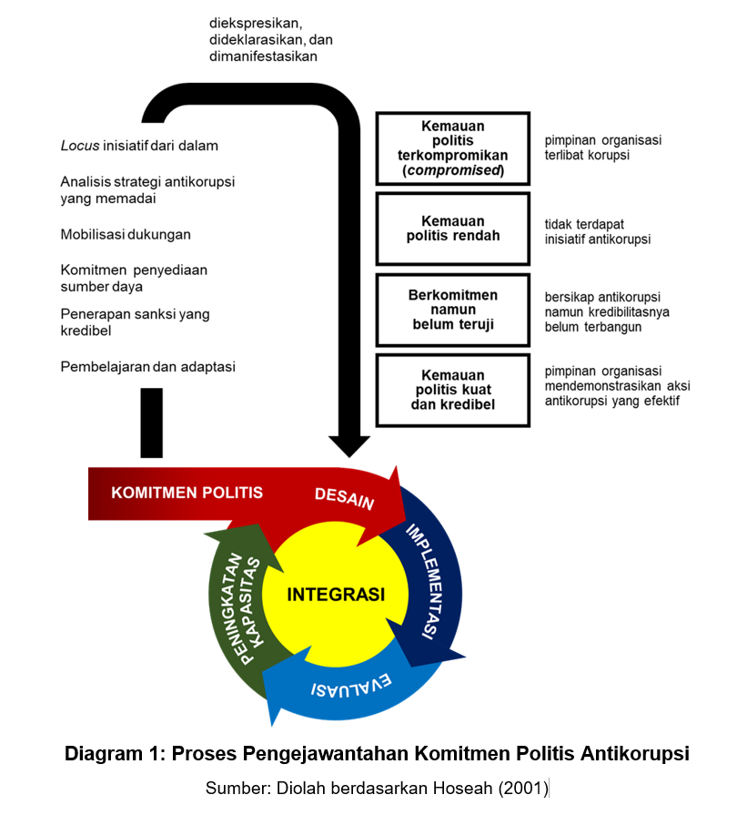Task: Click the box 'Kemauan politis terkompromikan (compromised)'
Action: coord(452,148)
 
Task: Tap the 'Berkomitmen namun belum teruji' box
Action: coord(452,310)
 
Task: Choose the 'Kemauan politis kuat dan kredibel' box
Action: coord(452,390)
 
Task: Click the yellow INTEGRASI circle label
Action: coord(336,595)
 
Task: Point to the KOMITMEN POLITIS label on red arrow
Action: coord(187,493)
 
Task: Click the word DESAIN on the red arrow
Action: coord(344,497)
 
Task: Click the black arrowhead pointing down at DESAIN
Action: coord(349,445)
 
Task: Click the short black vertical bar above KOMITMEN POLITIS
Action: coord(152,423)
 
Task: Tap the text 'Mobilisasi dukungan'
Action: coord(126,234)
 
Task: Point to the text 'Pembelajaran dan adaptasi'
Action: coord(148,367)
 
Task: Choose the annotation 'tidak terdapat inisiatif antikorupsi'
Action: coord(597,231)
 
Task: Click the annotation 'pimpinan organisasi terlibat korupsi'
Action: coord(602,148)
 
